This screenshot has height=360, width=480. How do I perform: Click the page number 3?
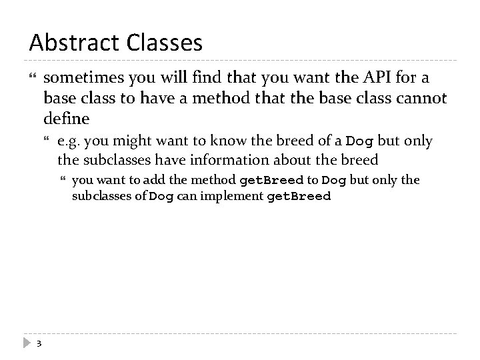point(39,344)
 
